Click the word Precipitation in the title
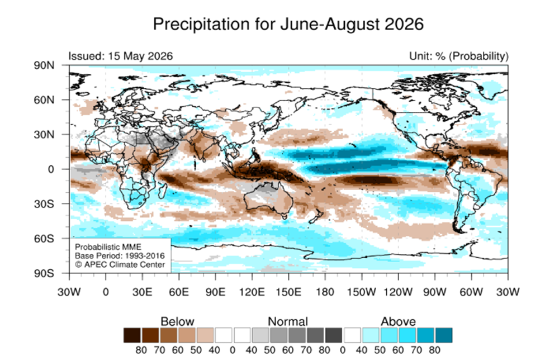coord(201,25)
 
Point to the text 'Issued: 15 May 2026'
coord(120,56)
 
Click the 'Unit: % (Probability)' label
coord(459,56)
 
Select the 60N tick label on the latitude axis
coord(44,100)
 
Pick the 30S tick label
coord(44,203)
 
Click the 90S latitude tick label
coord(44,273)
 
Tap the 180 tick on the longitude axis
coord(325,292)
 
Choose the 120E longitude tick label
coord(252,292)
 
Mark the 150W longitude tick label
coord(362,292)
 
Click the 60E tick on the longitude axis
coord(179,292)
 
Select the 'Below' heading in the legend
coord(177,321)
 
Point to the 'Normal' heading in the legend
coord(288,321)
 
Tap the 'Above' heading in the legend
coord(399,321)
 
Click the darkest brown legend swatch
coord(132,335)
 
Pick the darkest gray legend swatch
coord(334,335)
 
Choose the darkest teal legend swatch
coord(444,335)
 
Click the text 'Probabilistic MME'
coord(108,247)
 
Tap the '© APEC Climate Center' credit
coord(120,264)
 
